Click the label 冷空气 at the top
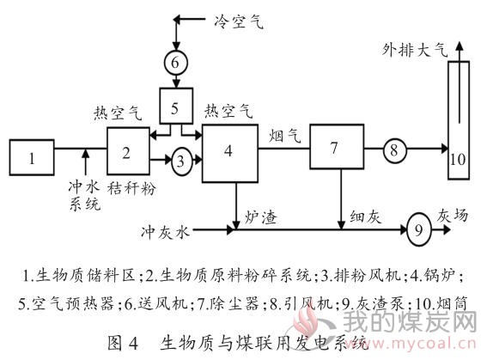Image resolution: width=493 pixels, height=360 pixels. pyautogui.click(x=239, y=21)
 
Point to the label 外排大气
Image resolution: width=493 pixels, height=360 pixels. pyautogui.click(x=414, y=50)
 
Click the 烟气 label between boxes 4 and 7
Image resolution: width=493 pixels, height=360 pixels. pyautogui.click(x=285, y=136)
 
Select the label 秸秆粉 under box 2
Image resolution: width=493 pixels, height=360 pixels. pyautogui.click(x=131, y=189)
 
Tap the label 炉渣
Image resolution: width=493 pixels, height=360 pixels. pyautogui.click(x=261, y=217)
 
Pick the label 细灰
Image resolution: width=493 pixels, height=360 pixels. pyautogui.click(x=366, y=217)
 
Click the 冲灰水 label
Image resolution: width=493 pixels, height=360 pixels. pyautogui.click(x=166, y=233)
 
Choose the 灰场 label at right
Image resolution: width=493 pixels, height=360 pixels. pyautogui.click(x=453, y=216)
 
